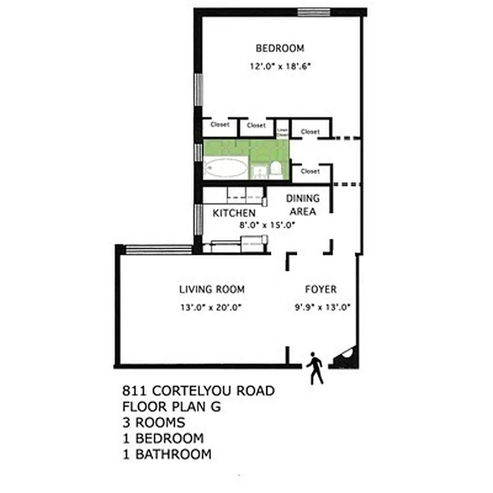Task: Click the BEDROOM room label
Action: (280, 48)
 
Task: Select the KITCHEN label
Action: (234, 213)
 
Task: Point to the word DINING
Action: (303, 198)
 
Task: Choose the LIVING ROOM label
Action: (212, 289)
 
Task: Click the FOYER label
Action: (320, 289)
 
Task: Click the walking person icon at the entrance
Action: (316, 368)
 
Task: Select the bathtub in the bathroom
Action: (226, 167)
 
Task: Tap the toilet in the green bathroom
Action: (277, 168)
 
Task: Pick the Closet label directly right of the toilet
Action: (310, 171)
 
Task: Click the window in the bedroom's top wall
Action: (312, 12)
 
